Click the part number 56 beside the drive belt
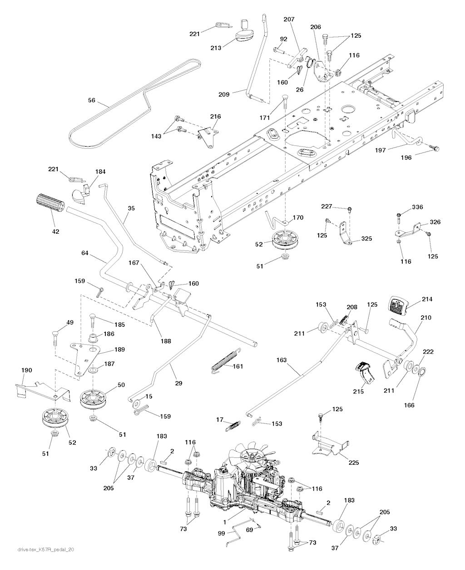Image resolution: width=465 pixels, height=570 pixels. (x=92, y=100)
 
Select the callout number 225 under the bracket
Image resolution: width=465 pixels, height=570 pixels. (x=354, y=462)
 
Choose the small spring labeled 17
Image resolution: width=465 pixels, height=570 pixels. (x=233, y=425)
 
